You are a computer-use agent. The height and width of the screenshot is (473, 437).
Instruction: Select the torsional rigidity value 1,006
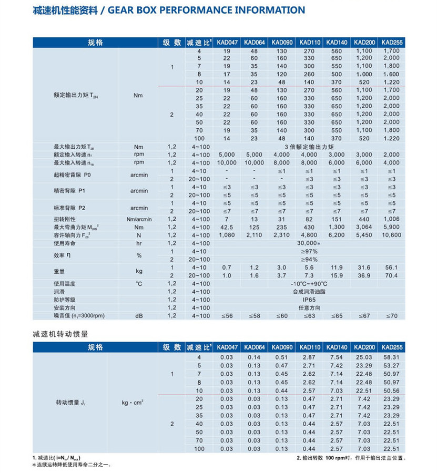coord(391,219)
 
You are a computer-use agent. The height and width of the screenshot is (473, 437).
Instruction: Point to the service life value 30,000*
coord(308,243)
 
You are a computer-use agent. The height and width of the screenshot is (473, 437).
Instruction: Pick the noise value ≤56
coord(227,316)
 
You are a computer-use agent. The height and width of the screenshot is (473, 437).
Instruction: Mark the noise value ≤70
coord(391,316)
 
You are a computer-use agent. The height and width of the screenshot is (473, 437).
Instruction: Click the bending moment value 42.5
coord(227,227)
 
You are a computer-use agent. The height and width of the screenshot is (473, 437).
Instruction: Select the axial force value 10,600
coord(391,235)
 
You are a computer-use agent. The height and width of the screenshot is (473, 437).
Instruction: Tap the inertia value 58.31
coord(391,357)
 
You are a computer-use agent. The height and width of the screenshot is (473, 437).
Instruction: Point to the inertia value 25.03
coord(364,357)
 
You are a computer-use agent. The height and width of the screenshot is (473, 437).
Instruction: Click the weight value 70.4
coord(391,275)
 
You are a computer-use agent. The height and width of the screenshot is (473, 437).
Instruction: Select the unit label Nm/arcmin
coord(139,219)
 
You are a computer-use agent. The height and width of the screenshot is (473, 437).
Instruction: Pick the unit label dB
coord(139,316)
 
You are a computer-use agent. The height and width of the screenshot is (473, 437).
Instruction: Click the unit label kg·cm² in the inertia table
coord(133,403)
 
